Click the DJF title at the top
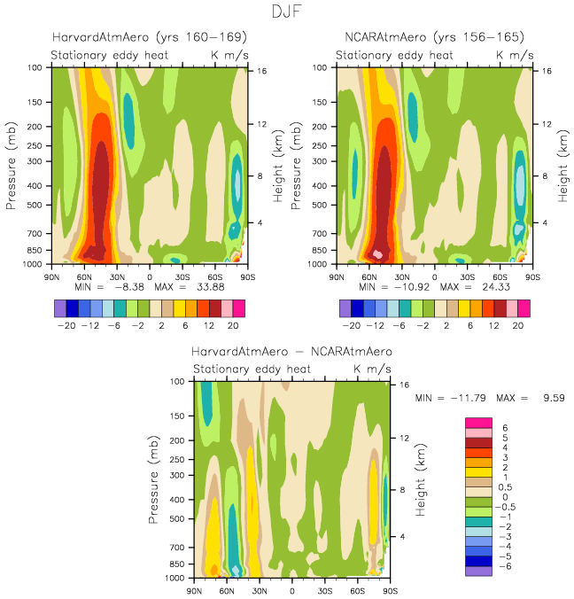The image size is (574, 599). tap(288, 12)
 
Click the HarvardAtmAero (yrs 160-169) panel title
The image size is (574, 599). tap(148, 37)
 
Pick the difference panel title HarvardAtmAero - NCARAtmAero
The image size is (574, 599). tap(291, 351)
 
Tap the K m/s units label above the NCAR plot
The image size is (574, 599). tap(515, 55)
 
